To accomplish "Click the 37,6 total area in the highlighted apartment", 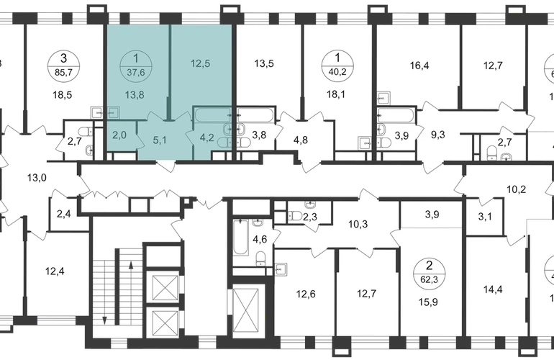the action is (136, 73).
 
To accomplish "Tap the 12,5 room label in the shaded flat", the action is (200, 63).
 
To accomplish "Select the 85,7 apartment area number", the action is (63, 73).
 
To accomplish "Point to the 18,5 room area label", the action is (62, 95).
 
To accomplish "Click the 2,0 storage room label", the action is (119, 135).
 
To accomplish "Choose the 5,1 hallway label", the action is (159, 140).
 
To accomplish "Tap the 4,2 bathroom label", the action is (206, 138).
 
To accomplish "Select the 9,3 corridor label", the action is (437, 135).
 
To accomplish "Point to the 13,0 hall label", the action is (37, 178).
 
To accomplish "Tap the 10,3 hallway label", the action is (358, 224).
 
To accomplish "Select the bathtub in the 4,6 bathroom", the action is (240, 237).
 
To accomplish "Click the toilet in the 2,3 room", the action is (295, 215).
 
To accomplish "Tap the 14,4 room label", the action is (494, 290).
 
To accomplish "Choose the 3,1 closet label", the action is (485, 216).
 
